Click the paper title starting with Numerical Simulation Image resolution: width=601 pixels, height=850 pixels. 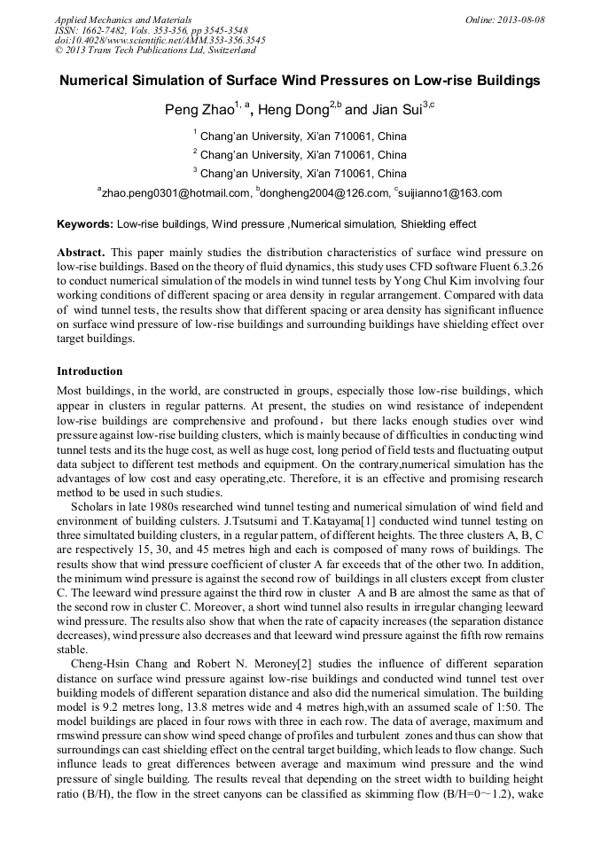(x=300, y=81)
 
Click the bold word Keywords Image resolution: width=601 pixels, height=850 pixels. (x=84, y=224)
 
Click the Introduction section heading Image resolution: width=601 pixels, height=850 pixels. (x=90, y=370)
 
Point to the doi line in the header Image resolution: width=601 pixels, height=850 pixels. (x=160, y=41)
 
